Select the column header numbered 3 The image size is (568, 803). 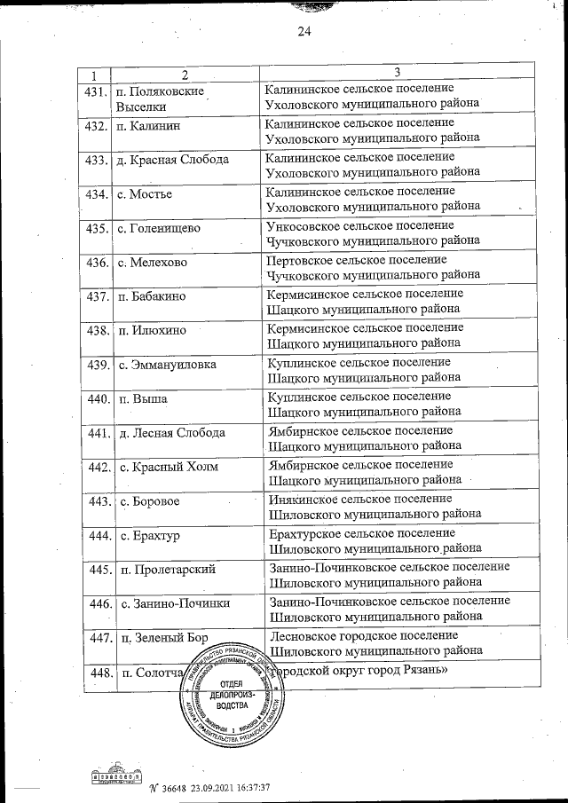[x=398, y=72]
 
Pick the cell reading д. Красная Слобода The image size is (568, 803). [x=172, y=160]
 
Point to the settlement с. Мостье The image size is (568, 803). [x=146, y=193]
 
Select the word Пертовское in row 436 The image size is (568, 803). [x=299, y=260]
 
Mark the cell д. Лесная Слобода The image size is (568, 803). [x=170, y=433]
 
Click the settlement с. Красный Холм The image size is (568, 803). [x=169, y=467]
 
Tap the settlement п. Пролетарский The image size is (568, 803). [x=168, y=570]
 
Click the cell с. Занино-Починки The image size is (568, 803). [x=174, y=603]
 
